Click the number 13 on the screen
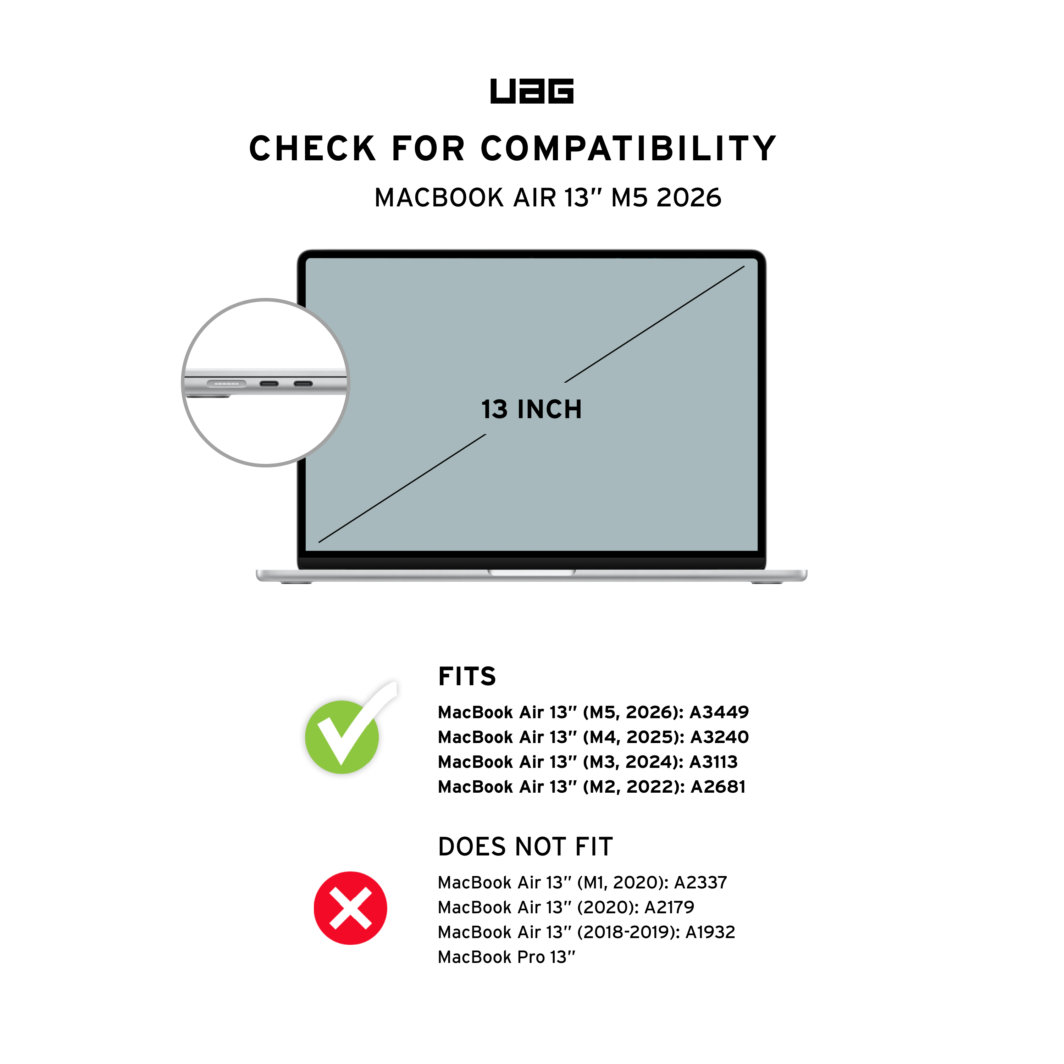click(x=494, y=410)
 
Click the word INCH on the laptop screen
click(x=549, y=410)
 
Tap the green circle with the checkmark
click(x=342, y=737)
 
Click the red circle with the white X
click(x=350, y=908)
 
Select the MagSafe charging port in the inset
click(x=226, y=384)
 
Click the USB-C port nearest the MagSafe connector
click(x=269, y=384)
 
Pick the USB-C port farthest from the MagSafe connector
click(x=303, y=384)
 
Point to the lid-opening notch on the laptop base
click(x=531, y=573)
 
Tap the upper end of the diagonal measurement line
click(x=743, y=267)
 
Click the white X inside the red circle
click(x=350, y=908)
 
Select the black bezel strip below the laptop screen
click(x=531, y=563)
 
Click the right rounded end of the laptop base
click(x=805, y=576)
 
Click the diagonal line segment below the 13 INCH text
click(x=402, y=488)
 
